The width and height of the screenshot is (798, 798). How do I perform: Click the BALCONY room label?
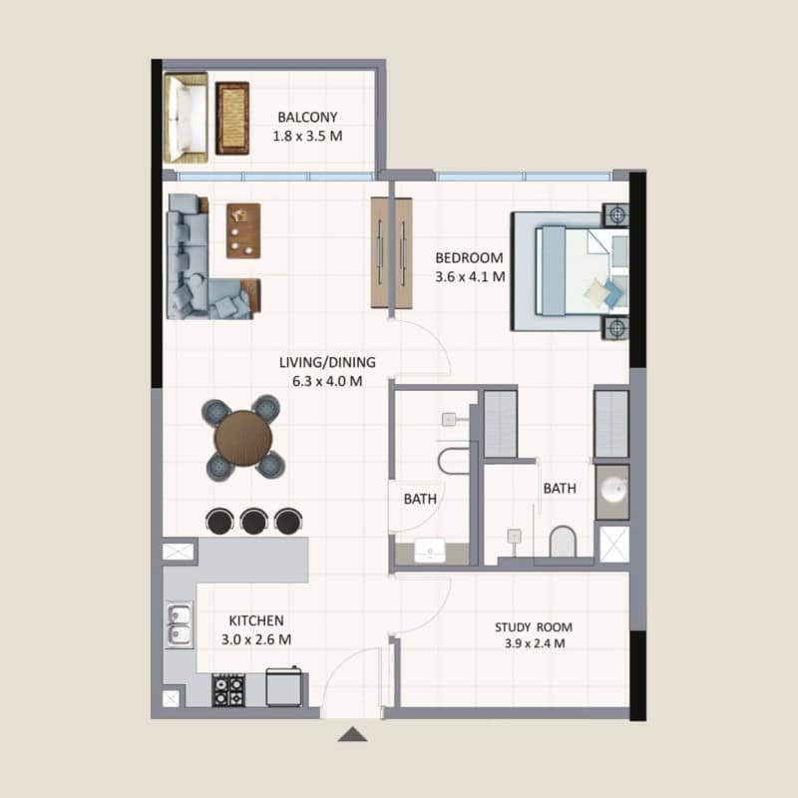(x=307, y=117)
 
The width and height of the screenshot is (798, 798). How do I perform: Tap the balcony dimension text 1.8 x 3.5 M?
(x=307, y=137)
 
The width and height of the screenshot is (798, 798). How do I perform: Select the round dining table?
(x=243, y=438)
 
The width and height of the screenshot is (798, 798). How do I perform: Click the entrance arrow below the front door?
(x=352, y=734)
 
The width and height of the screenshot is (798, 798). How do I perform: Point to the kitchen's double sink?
(x=180, y=624)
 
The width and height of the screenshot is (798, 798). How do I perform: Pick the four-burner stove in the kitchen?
(x=228, y=690)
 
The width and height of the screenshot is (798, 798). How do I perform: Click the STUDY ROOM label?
(x=534, y=627)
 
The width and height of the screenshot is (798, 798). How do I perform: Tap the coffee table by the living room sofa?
(x=243, y=230)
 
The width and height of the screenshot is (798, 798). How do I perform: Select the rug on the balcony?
(x=232, y=118)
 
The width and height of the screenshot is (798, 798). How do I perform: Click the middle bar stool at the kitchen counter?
(x=254, y=521)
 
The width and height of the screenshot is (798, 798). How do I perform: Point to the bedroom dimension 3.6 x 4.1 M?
(x=470, y=277)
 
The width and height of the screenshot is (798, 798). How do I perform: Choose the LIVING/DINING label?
(x=327, y=362)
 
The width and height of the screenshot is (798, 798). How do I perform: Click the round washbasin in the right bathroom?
(x=612, y=490)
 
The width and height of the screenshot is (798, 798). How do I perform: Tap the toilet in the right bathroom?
(x=563, y=542)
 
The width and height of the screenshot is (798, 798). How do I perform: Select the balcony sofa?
(x=186, y=118)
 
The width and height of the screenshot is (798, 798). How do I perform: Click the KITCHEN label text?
(x=256, y=620)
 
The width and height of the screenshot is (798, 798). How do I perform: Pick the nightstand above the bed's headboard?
(x=615, y=214)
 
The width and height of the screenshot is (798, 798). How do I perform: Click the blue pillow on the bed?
(x=613, y=294)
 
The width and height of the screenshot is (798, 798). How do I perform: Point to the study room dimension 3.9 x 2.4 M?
(x=535, y=643)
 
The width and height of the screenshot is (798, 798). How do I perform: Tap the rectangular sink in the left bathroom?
(x=430, y=551)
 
